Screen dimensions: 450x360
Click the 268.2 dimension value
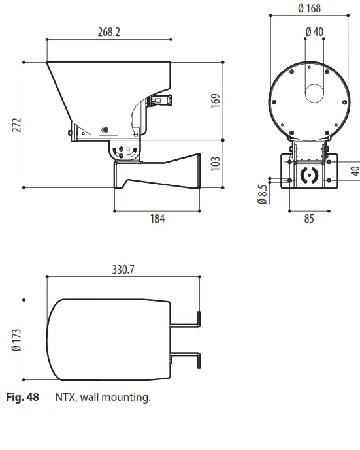point(109,31)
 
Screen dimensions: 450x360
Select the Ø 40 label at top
point(314,31)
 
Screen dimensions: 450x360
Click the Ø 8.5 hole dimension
point(262,194)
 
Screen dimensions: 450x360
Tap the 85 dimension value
point(308,219)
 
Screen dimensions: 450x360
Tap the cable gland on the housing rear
point(161,100)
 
